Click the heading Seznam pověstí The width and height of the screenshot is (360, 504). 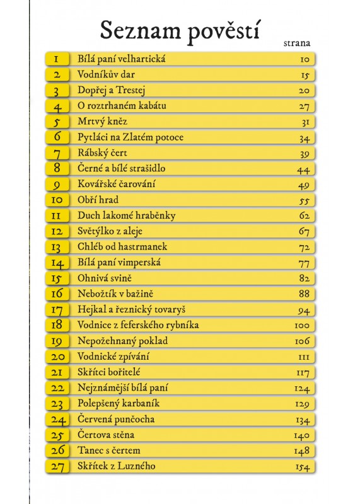pyautogui.click(x=180, y=31)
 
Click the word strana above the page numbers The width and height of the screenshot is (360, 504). pyautogui.click(x=297, y=43)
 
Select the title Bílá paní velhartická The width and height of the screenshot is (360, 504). pyautogui.click(x=122, y=59)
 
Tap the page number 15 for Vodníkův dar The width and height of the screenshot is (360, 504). pyautogui.click(x=305, y=75)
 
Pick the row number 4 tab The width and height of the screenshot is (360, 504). pyautogui.click(x=57, y=106)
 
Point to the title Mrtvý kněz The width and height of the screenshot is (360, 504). pyautogui.click(x=102, y=121)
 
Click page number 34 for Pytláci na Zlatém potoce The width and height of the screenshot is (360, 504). pyautogui.click(x=304, y=138)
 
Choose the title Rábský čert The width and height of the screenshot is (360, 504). pyautogui.click(x=102, y=152)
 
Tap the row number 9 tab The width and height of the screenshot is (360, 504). pyautogui.click(x=57, y=185)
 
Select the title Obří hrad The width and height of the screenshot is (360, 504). pyautogui.click(x=98, y=200)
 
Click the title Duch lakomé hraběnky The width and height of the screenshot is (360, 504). pyautogui.click(x=127, y=215)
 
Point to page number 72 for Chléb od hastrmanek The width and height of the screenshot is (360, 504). pyautogui.click(x=304, y=248)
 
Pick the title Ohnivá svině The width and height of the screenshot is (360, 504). pyautogui.click(x=105, y=278)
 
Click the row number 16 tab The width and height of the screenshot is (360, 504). pyautogui.click(x=57, y=294)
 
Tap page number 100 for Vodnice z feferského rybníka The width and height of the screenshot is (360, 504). pyautogui.click(x=302, y=325)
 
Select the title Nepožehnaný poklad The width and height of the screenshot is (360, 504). pyautogui.click(x=122, y=341)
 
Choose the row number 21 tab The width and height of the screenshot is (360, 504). pyautogui.click(x=57, y=372)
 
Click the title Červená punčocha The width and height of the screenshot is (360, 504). pyautogui.click(x=116, y=419)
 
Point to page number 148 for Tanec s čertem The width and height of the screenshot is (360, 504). pyautogui.click(x=302, y=451)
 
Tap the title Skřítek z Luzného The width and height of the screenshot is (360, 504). pyautogui.click(x=117, y=466)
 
